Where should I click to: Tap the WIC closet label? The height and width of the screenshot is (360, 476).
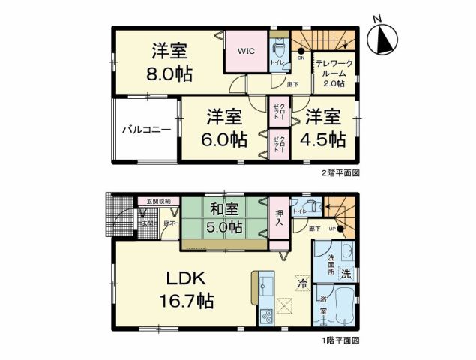[247, 52]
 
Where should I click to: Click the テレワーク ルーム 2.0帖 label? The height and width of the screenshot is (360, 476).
[331, 73]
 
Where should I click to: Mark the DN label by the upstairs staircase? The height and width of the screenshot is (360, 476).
[301, 58]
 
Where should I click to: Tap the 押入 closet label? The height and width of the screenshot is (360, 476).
[278, 217]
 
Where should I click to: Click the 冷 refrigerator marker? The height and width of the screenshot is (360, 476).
[301, 284]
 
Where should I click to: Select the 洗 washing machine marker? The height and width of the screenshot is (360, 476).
[346, 274]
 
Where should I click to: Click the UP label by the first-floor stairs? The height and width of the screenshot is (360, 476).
[330, 228]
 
